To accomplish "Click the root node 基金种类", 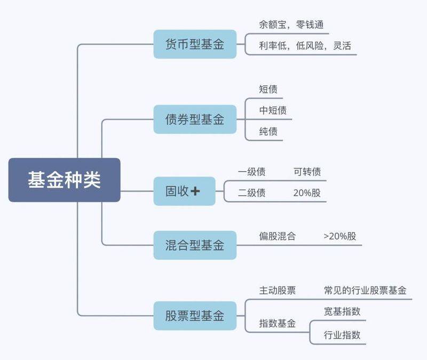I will click(x=64, y=180).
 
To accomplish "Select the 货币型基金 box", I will click(x=195, y=44).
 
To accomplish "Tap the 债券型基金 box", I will click(x=195, y=119).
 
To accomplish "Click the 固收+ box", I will click(x=184, y=191).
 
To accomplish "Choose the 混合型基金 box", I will click(x=195, y=245).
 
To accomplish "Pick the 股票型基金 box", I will click(x=195, y=315).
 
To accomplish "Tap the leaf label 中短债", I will click(x=273, y=110).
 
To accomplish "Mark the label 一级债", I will click(x=251, y=172).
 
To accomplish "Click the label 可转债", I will click(x=307, y=172).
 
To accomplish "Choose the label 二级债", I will click(x=251, y=193).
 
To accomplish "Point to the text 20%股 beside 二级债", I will click(x=307, y=193).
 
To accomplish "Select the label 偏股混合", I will click(x=277, y=236).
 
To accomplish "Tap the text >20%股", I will click(x=339, y=236).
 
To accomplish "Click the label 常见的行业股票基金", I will click(x=365, y=290).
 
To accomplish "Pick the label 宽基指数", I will click(x=342, y=311).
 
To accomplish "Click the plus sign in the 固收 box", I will click(x=195, y=191).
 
